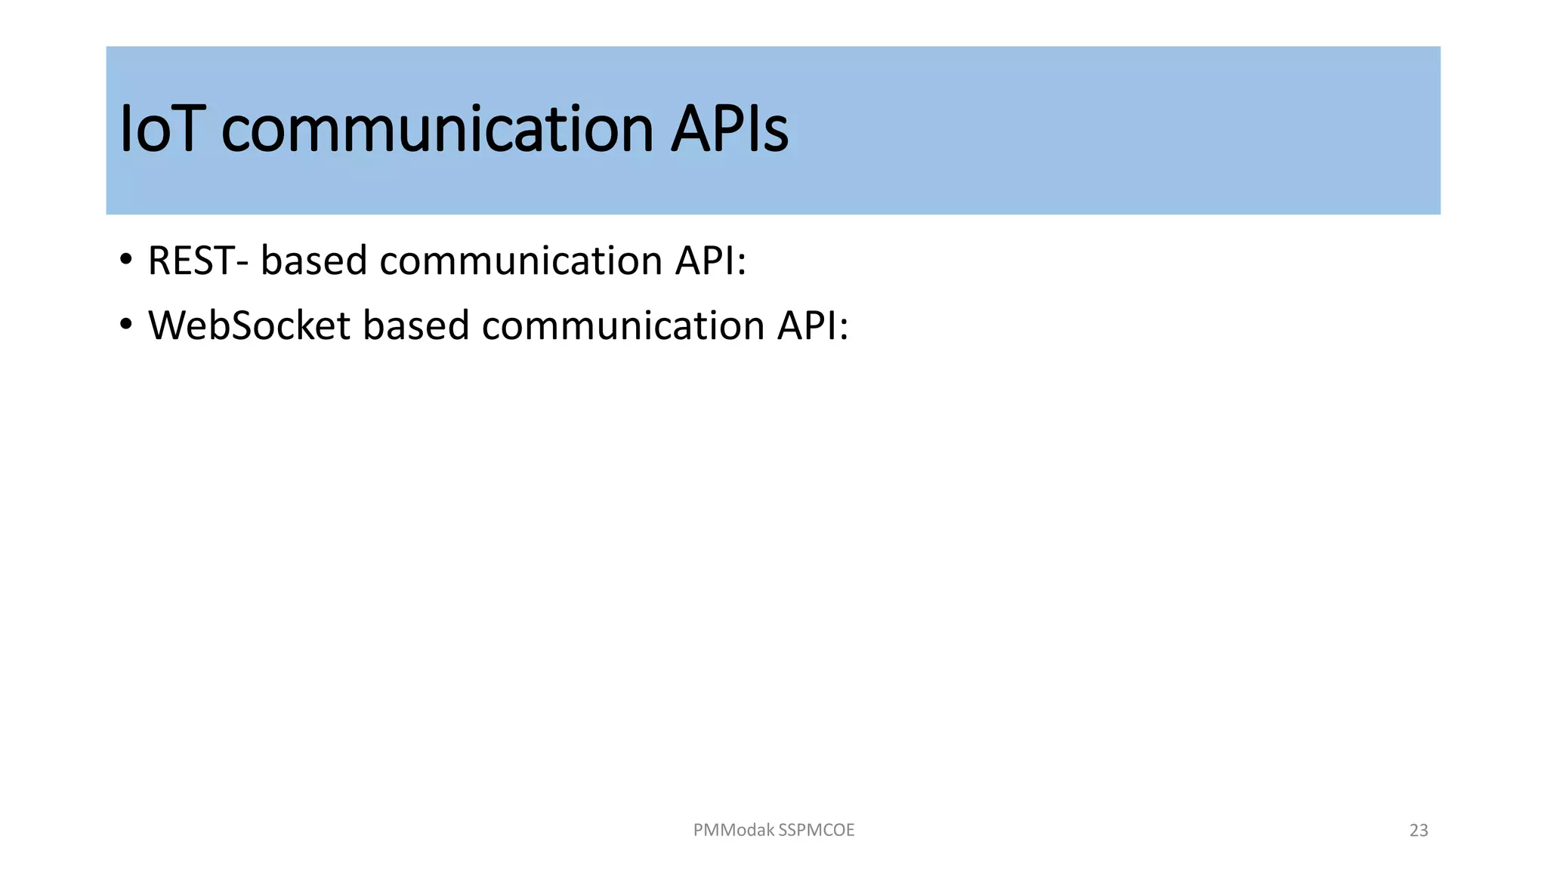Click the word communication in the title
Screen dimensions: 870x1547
tap(437, 130)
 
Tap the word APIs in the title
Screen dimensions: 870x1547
tap(730, 130)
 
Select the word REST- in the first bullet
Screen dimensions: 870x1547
tap(198, 261)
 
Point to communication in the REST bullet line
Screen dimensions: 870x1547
tap(520, 261)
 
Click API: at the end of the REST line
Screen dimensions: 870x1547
tap(710, 261)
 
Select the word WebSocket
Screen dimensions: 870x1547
tap(249, 326)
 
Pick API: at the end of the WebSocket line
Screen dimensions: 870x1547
tap(813, 326)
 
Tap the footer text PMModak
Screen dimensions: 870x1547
tap(733, 830)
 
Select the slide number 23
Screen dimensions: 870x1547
tap(1419, 831)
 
